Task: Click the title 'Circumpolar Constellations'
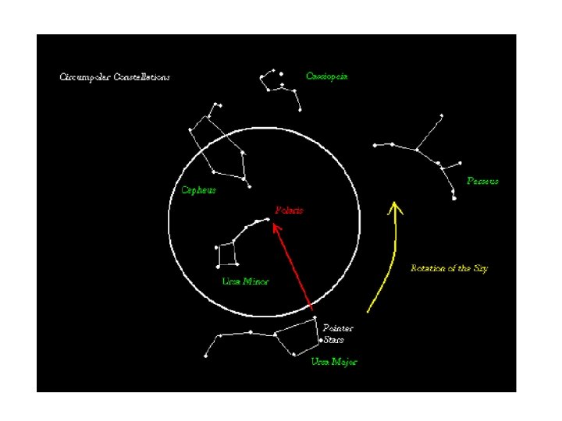(x=115, y=77)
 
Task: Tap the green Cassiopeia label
(x=327, y=76)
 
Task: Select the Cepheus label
(x=198, y=190)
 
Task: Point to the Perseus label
(x=482, y=181)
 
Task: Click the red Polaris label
(x=289, y=210)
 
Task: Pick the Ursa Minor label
(x=245, y=281)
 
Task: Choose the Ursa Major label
(x=334, y=362)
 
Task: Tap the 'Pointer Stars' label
(x=337, y=334)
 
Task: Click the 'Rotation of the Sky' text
(x=449, y=268)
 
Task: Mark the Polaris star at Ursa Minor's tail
(x=269, y=220)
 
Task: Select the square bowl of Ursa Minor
(x=226, y=255)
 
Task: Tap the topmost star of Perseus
(x=441, y=116)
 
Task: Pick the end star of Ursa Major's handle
(x=206, y=356)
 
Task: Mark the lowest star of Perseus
(x=454, y=198)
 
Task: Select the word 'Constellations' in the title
(x=142, y=77)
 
